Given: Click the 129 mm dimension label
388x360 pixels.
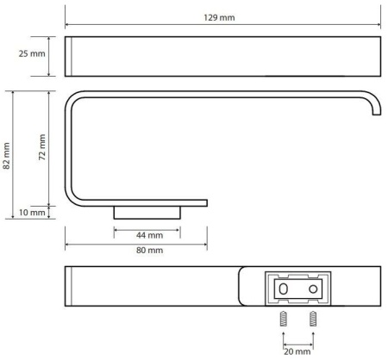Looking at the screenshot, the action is [x=219, y=17].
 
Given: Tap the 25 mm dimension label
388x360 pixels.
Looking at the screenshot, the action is [x=32, y=53].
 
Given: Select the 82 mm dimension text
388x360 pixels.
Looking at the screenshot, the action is [x=6, y=156].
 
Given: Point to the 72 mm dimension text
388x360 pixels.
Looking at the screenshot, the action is [x=42, y=147].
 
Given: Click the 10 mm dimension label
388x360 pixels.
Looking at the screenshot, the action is [x=32, y=213].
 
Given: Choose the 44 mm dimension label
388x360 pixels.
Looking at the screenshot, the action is [x=149, y=235].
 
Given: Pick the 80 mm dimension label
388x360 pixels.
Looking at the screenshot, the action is [x=149, y=251].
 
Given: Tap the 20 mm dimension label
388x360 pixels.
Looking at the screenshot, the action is [x=297, y=351].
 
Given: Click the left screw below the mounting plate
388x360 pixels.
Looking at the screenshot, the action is [x=283, y=319].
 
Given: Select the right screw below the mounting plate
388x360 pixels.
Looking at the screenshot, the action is [x=313, y=319].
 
